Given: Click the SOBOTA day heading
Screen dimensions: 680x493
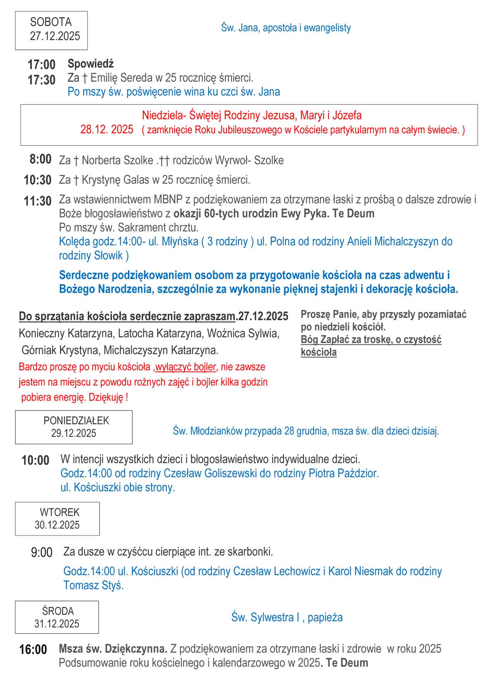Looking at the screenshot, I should (x=51, y=22).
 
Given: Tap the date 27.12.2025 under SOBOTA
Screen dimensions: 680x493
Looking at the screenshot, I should (x=55, y=36).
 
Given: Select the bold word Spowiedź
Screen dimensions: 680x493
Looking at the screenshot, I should (x=91, y=64).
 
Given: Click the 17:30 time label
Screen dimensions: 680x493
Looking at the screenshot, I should (x=41, y=80).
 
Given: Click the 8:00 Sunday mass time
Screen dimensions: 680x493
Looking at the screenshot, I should (x=40, y=159).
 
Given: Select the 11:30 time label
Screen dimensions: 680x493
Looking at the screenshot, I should (x=38, y=201).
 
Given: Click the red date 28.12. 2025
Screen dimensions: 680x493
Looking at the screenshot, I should (x=107, y=129).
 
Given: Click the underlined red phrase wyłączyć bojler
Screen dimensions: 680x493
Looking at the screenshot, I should (x=185, y=367).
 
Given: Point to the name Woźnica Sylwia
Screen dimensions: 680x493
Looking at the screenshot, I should (x=243, y=333).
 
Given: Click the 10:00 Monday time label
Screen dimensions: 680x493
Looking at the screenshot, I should (x=35, y=460).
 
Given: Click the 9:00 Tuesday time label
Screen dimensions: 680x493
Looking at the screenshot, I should (x=41, y=552).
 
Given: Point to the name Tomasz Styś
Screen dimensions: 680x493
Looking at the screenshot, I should (x=93, y=585).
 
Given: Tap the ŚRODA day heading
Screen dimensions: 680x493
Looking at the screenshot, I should (x=58, y=611).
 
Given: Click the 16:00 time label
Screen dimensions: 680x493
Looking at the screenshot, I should (x=33, y=650).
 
